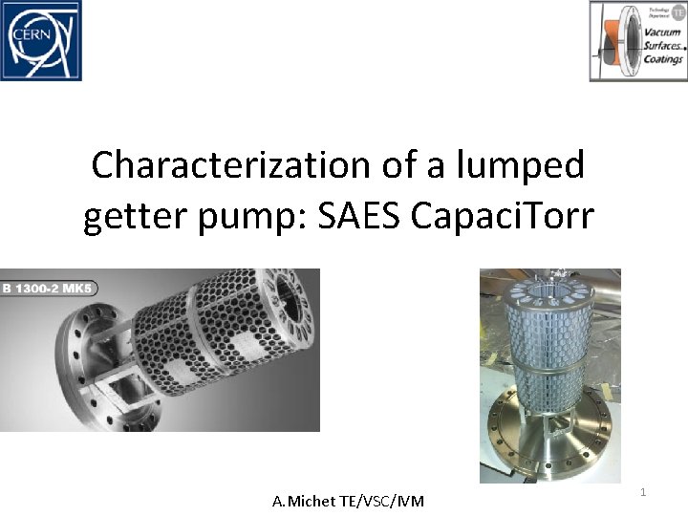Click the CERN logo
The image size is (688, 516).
pos(41,40)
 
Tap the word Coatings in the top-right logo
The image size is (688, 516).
pos(662,59)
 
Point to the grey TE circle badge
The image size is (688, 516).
pos(675,11)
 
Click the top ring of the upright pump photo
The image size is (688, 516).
pos(550,287)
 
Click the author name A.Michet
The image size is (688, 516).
pos(303,501)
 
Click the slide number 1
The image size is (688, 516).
pos(643,492)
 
